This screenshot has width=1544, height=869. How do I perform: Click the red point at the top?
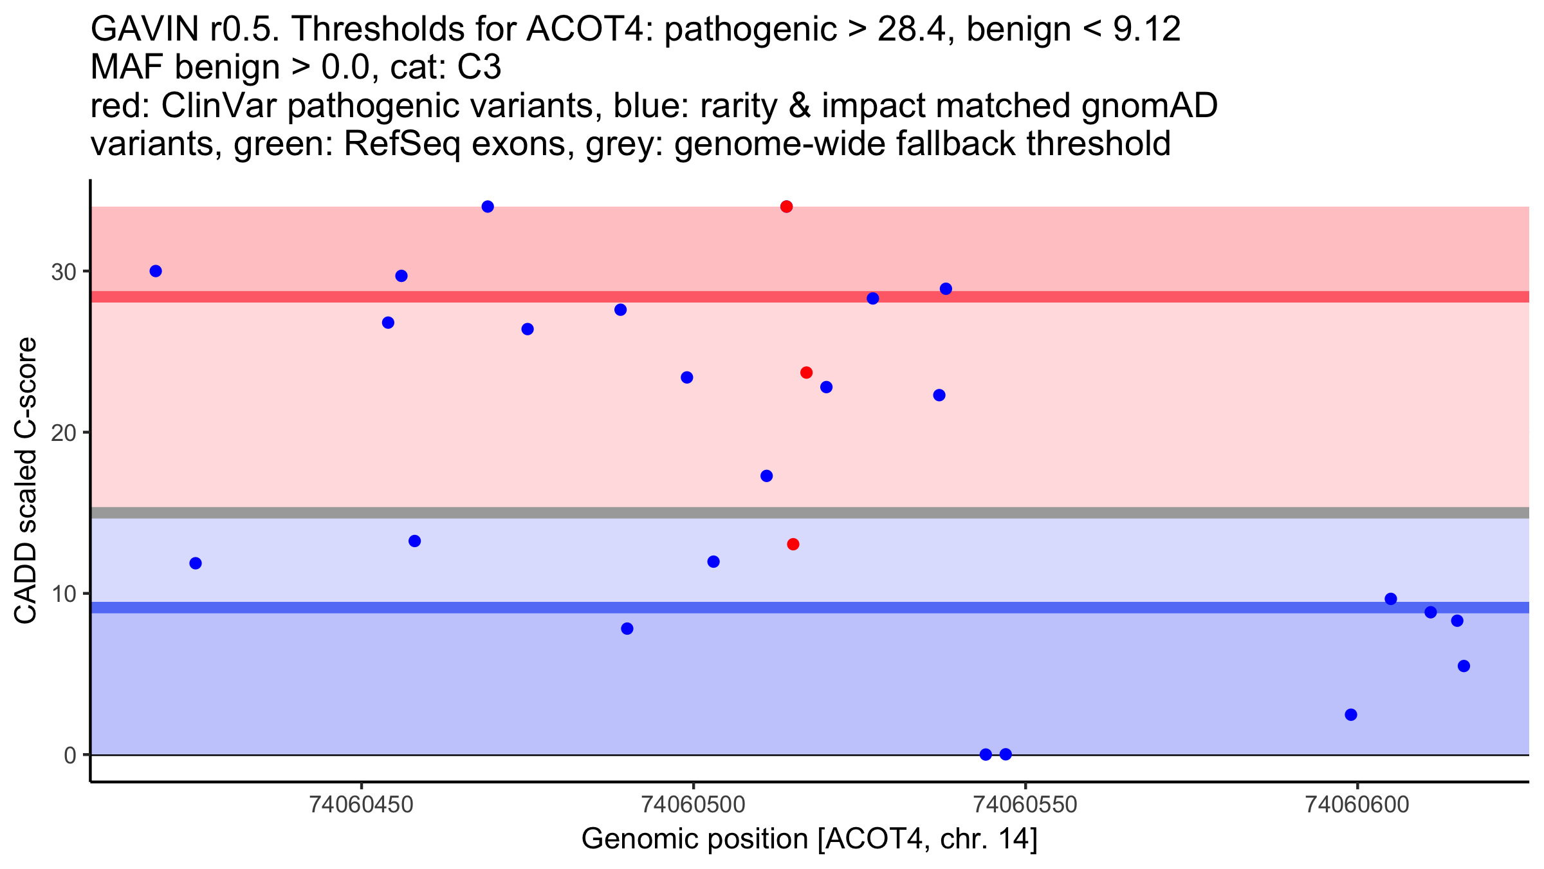[x=786, y=207]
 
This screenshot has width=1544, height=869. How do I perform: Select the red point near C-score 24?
[x=806, y=373]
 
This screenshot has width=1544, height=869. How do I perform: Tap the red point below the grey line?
[x=793, y=545]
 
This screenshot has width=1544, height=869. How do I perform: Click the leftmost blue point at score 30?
[x=156, y=271]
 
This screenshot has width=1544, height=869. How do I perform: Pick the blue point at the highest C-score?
[x=488, y=207]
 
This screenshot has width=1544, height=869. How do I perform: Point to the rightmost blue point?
[x=1464, y=666]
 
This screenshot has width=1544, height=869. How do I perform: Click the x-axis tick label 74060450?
[x=362, y=805]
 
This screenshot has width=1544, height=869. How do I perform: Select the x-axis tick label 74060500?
[x=694, y=805]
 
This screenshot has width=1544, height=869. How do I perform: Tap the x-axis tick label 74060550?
[x=1025, y=805]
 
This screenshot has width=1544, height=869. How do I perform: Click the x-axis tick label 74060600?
[x=1357, y=805]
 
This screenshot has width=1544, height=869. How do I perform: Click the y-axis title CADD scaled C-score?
[x=26, y=481]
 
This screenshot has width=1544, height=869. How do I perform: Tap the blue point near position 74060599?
[x=1351, y=715]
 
